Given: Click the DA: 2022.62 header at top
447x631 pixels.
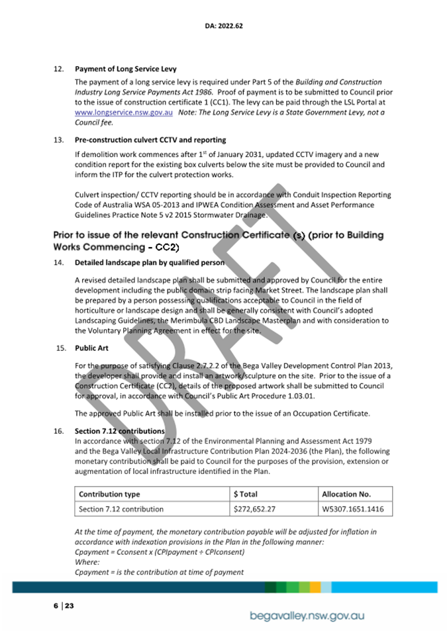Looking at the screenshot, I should pyautogui.click(x=224, y=26).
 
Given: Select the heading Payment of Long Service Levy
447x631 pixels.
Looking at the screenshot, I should pyautogui.click(x=125, y=69).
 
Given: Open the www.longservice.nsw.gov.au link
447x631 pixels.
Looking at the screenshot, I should pyautogui.click(x=124, y=113).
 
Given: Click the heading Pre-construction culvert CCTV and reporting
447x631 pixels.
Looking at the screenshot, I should pyautogui.click(x=150, y=140).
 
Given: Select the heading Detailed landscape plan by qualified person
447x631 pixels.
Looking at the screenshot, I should pyautogui.click(x=149, y=263).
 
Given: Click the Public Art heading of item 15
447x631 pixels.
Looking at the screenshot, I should pyautogui.click(x=91, y=347).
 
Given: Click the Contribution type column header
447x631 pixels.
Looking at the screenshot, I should pyautogui.click(x=109, y=494).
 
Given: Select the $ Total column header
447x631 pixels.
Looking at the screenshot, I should pyautogui.click(x=246, y=494).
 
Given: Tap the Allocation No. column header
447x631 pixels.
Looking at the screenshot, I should pyautogui.click(x=346, y=494).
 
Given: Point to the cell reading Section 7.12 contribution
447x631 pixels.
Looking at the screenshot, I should pyautogui.click(x=121, y=509).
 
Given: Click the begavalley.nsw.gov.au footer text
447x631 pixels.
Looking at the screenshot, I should pyautogui.click(x=307, y=616).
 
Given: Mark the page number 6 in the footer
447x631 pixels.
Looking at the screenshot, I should pyautogui.click(x=56, y=606).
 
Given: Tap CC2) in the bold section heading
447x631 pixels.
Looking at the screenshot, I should pyautogui.click(x=166, y=247).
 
